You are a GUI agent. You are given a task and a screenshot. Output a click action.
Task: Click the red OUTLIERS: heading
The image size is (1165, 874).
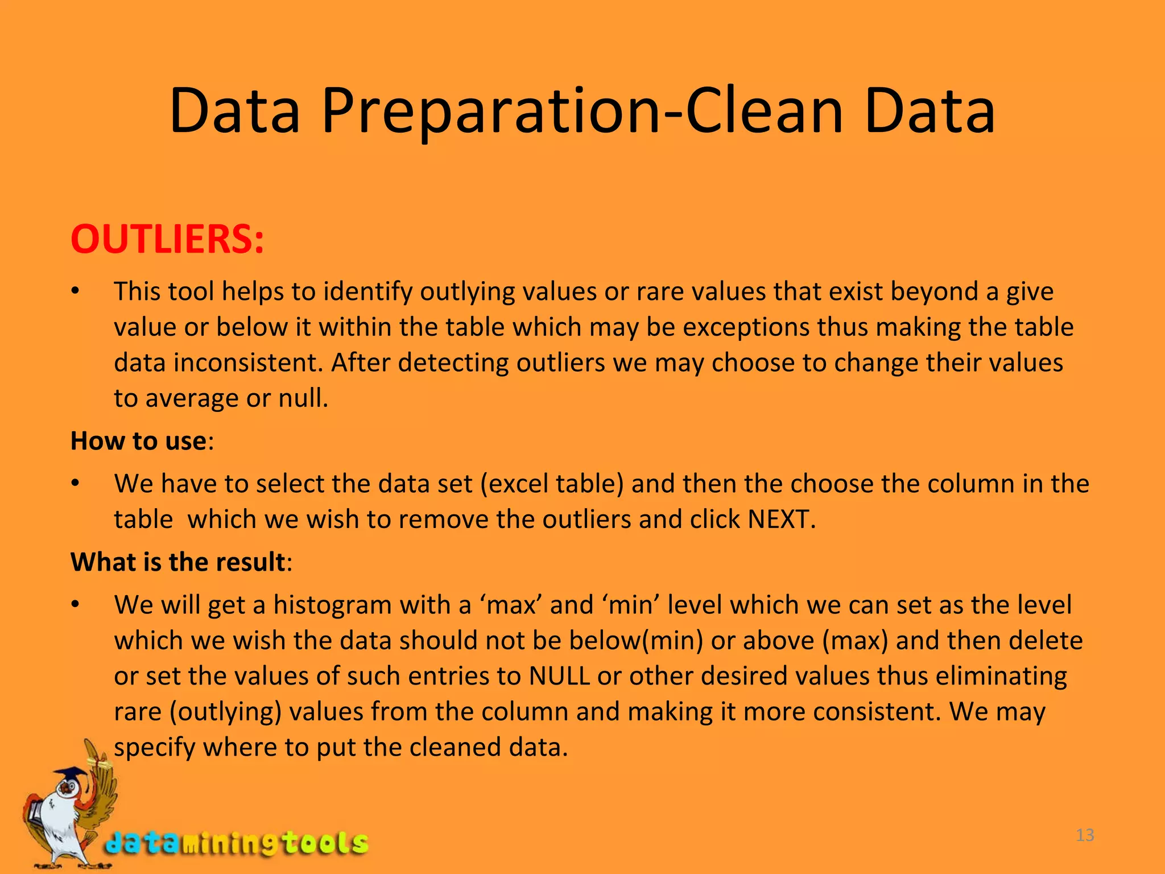pos(167,240)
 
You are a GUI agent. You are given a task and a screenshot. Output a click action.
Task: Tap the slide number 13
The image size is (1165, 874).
pos(1085,835)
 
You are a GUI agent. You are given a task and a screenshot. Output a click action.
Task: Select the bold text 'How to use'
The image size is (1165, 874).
pos(138,441)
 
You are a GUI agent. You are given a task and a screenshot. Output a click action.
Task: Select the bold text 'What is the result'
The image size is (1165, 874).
pos(177,562)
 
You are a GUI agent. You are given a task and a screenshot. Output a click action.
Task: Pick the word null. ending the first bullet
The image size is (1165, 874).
pos(303,398)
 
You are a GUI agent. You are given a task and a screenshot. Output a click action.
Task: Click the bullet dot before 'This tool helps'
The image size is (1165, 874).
pos(75,292)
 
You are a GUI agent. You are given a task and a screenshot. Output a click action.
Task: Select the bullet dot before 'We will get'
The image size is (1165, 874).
pos(75,605)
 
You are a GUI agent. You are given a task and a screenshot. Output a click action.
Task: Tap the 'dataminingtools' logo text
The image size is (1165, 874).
pos(237,843)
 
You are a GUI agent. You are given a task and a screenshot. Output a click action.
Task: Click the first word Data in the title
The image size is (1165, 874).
pos(234,111)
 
